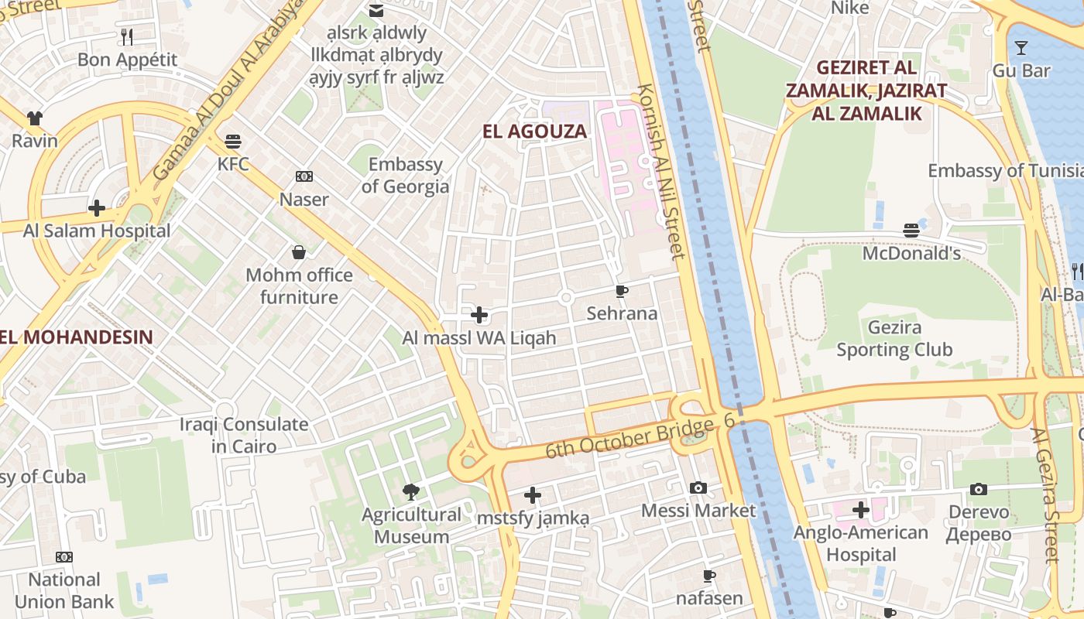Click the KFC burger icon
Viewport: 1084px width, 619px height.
(233, 142)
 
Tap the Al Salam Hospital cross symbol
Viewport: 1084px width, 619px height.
(97, 208)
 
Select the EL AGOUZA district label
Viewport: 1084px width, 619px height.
(534, 132)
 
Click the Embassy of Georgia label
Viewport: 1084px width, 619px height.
(405, 176)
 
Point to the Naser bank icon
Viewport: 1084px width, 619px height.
(304, 177)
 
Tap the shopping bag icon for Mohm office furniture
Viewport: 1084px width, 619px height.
(299, 252)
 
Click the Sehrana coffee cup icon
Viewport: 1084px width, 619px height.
(621, 291)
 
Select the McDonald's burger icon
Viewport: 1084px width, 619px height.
(911, 231)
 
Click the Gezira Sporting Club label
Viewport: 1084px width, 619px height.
(894, 339)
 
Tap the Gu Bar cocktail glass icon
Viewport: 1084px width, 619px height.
(1021, 48)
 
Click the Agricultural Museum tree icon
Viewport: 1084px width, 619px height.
(411, 491)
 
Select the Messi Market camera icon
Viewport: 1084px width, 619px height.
(698, 487)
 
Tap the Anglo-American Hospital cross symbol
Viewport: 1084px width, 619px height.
(860, 510)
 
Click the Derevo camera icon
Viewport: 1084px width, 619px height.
(979, 489)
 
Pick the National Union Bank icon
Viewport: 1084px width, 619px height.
(64, 557)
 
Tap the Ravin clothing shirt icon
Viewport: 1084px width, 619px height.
(35, 118)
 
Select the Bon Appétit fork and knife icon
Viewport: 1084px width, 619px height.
(127, 36)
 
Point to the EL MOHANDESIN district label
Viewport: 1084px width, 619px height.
(77, 337)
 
